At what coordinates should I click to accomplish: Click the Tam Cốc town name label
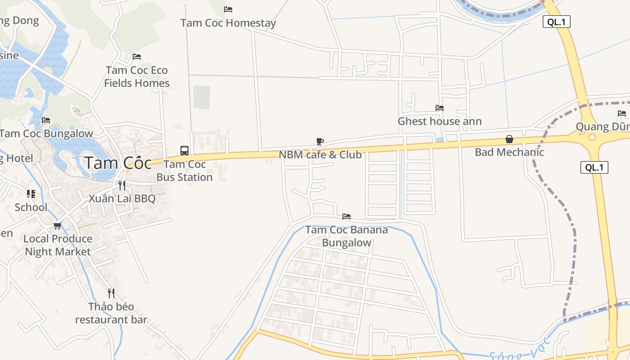(118, 163)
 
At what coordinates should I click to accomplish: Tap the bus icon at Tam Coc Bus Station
(184, 150)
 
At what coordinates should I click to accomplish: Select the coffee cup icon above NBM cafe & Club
(320, 141)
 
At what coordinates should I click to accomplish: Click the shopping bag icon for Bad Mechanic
(509, 139)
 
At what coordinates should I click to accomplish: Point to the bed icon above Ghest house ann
(440, 108)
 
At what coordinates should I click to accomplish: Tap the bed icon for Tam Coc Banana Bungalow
(346, 216)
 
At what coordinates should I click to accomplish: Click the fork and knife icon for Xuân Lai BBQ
(121, 185)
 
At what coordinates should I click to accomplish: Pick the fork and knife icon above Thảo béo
(111, 293)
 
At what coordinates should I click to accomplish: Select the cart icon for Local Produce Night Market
(57, 225)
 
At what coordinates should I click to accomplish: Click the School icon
(31, 194)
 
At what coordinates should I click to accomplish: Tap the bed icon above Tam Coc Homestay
(228, 9)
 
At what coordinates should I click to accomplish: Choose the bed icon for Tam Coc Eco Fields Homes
(137, 57)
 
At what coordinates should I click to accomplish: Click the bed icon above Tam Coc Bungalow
(46, 120)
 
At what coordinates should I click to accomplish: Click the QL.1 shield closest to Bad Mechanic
(594, 168)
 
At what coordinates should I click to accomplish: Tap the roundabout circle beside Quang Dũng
(592, 137)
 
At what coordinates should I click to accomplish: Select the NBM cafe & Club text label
(320, 154)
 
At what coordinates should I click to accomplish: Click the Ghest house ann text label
(440, 121)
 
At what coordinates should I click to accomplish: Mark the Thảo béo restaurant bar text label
(111, 313)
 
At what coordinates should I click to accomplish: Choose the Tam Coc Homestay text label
(228, 22)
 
